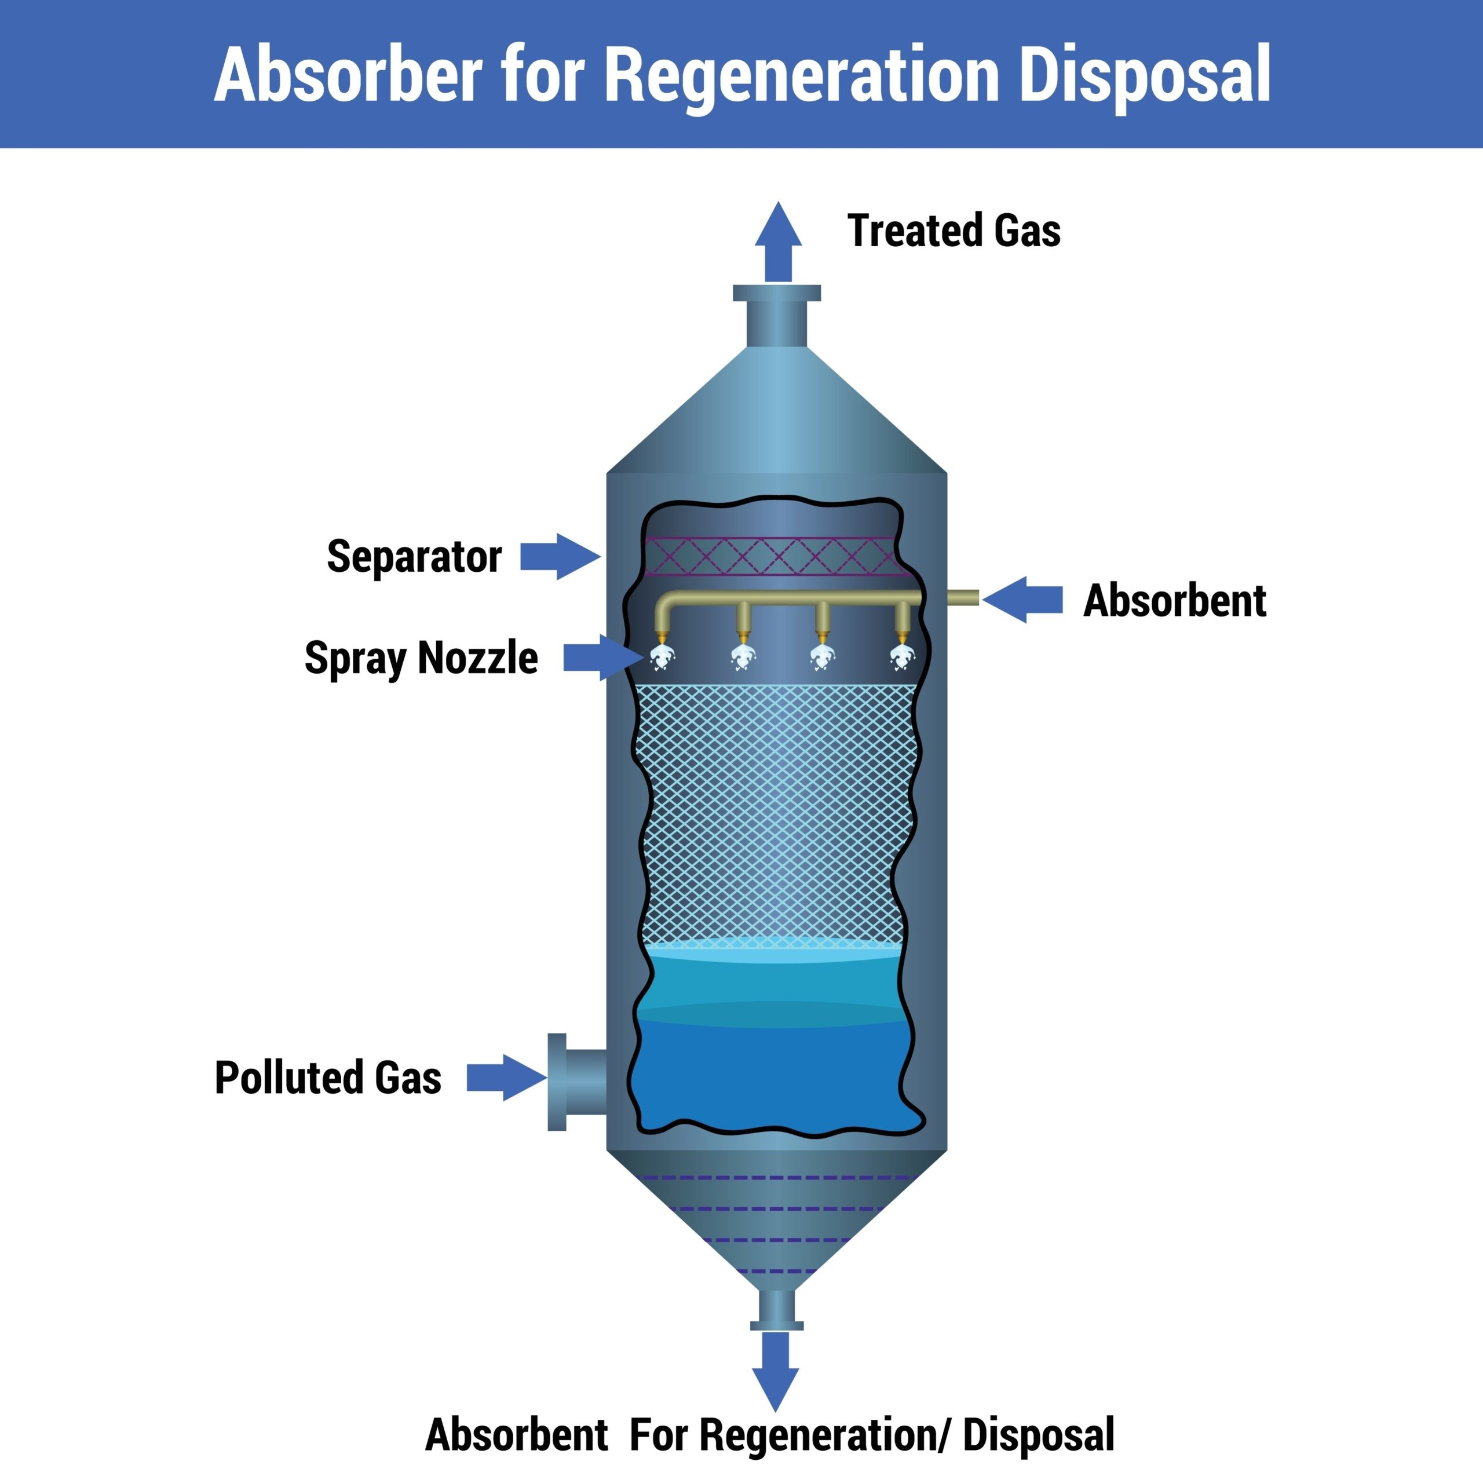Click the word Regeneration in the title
pyautogui.click(x=802, y=75)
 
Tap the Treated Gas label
pyautogui.click(x=954, y=231)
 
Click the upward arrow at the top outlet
pyautogui.click(x=777, y=242)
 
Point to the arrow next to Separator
pyautogui.click(x=560, y=557)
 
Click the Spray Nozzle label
pyautogui.click(x=421, y=658)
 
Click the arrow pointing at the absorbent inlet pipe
pyautogui.click(x=1022, y=600)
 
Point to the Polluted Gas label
pyautogui.click(x=328, y=1077)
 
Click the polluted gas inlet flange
pyautogui.click(x=557, y=1082)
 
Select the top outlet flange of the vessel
pyautogui.click(x=777, y=293)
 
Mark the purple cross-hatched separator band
pyautogui.click(x=772, y=557)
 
